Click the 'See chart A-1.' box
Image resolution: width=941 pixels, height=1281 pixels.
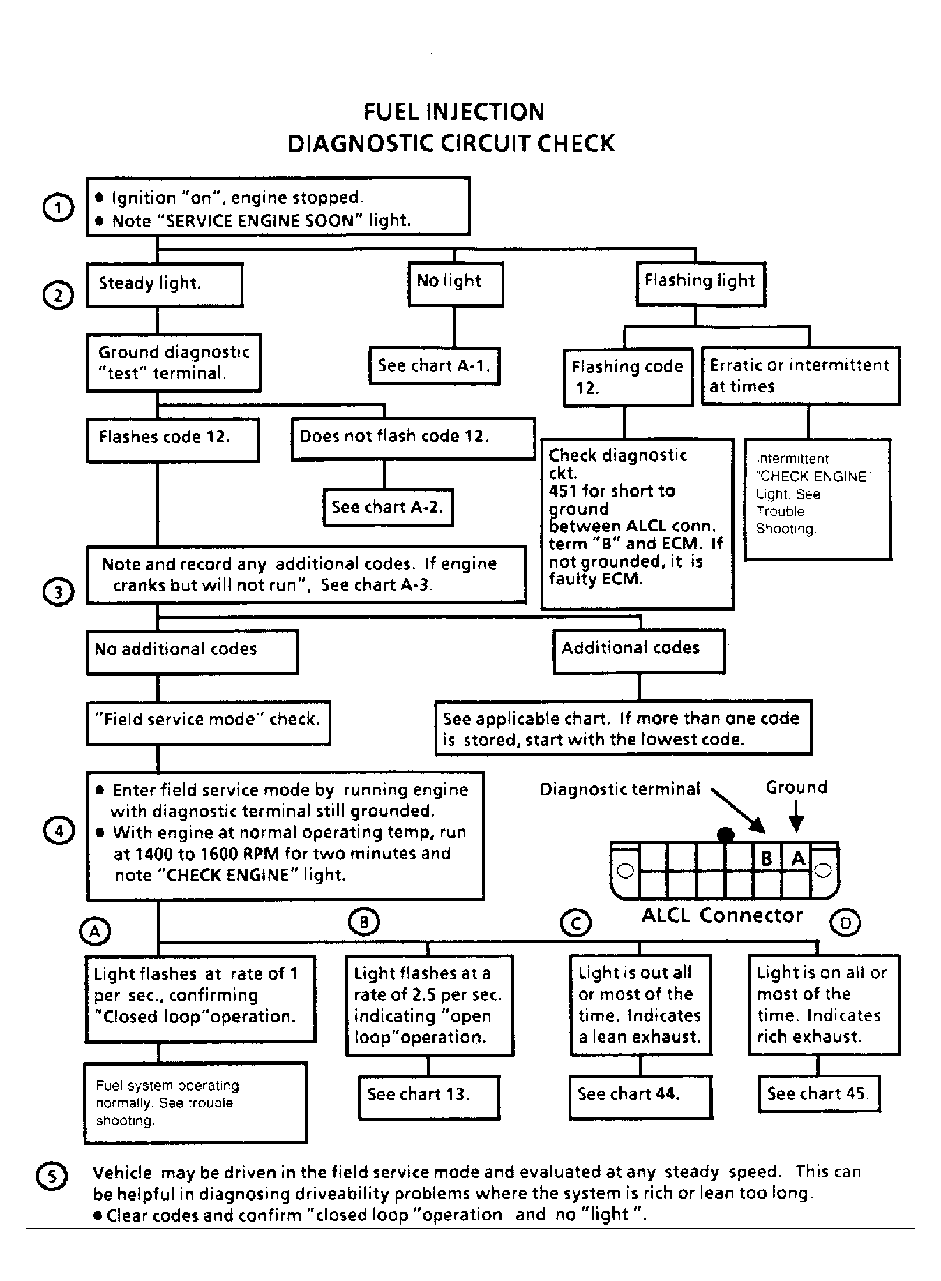tap(434, 365)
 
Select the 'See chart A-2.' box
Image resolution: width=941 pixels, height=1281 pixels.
tap(387, 507)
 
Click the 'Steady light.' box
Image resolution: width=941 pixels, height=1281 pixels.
tap(165, 284)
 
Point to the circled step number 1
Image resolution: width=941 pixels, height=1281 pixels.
tap(58, 208)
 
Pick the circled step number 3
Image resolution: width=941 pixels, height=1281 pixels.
tap(58, 592)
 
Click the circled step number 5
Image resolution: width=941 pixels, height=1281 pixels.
tap(52, 1176)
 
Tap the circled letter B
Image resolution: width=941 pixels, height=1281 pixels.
tap(363, 923)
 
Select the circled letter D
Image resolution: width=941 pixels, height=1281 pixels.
tap(845, 923)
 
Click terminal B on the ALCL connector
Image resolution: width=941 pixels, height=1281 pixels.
tap(767, 858)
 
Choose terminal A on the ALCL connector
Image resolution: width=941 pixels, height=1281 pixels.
tap(797, 858)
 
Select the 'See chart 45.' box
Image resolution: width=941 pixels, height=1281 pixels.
tap(818, 1093)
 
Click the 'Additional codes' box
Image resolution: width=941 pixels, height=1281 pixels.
tap(638, 651)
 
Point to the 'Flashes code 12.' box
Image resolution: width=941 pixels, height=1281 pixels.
tap(172, 439)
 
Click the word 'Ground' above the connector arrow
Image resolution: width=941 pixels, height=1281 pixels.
tap(796, 787)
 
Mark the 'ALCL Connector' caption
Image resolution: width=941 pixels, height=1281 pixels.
tap(722, 915)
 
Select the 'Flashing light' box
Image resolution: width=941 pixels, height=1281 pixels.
tap(700, 282)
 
